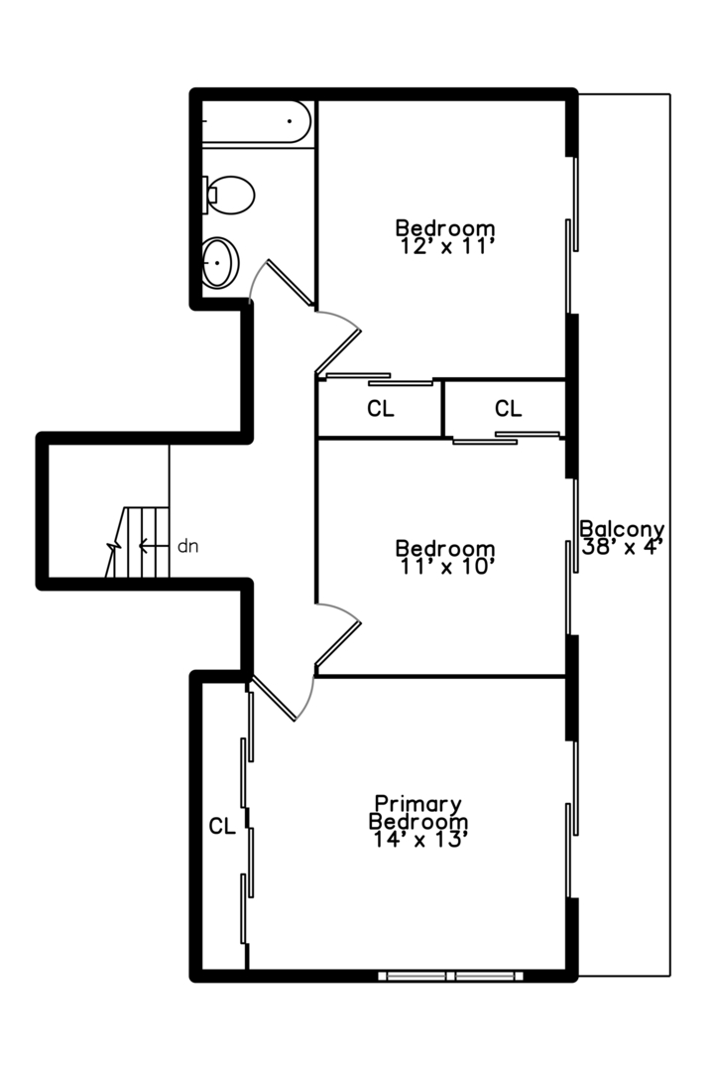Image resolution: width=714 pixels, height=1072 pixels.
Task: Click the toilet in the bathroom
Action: pos(230,195)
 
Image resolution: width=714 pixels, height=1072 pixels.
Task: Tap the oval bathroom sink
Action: pos(220,263)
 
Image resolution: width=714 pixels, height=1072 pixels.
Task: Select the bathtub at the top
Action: pos(256,121)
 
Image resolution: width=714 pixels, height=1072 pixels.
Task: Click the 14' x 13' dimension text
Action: pos(419,840)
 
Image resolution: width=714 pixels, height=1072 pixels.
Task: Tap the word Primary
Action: pos(417,803)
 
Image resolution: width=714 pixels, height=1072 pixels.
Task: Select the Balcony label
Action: pos(622,529)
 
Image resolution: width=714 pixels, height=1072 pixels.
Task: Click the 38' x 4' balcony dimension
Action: pos(623,547)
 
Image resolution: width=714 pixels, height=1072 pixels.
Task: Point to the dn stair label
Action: pos(187,545)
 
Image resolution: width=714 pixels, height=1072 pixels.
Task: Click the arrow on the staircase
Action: pos(151,545)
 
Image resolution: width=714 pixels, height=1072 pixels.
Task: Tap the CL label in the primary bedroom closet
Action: pos(222,826)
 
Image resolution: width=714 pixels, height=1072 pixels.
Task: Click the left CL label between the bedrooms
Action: pos(381,409)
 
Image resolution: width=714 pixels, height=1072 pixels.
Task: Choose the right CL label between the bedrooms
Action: pos(508,408)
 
